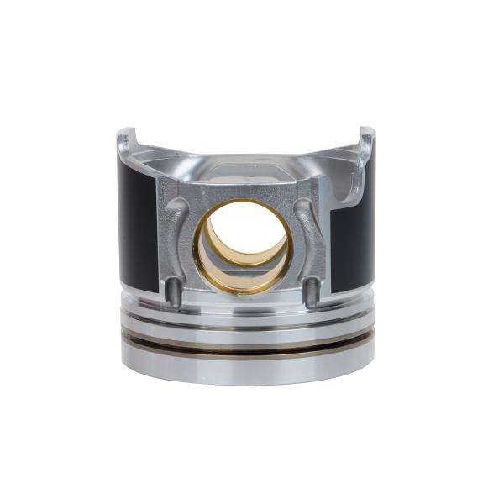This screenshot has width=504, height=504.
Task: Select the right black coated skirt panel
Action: (354, 239)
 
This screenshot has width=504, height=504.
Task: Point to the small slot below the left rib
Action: (172, 291)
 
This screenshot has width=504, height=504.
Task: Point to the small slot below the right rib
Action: (312, 291)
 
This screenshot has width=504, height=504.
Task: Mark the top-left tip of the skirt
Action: (123, 133)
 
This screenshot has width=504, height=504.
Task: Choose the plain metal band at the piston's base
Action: (248, 365)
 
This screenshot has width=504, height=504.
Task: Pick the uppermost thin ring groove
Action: (248, 308)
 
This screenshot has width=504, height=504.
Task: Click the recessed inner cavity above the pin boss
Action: (244, 168)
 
